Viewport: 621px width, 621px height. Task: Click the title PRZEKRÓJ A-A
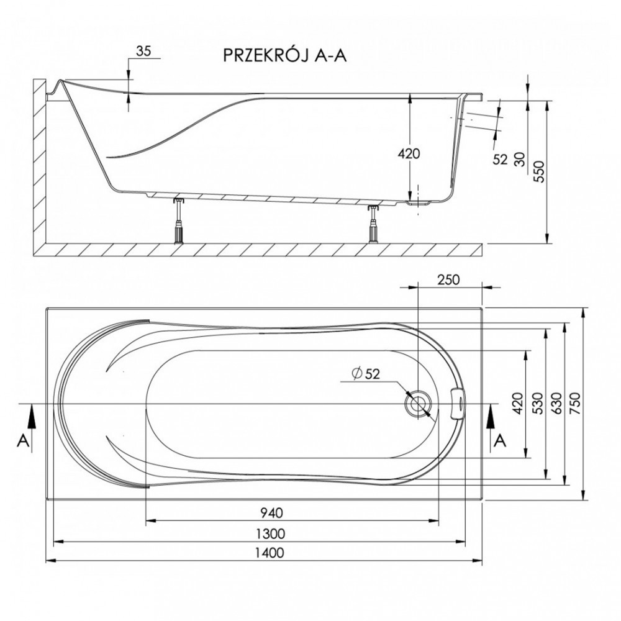pos(285,55)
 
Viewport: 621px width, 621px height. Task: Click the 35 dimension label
pos(143,51)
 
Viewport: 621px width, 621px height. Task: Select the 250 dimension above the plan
pos(449,279)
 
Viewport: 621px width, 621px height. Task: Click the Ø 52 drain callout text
pos(366,373)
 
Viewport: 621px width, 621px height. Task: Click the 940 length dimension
pos(272,513)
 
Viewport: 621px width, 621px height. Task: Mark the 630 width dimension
pos(556,404)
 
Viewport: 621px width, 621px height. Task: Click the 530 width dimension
pos(537,404)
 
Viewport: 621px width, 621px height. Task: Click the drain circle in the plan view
pos(417,404)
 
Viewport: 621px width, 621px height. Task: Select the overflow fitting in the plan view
pos(460,404)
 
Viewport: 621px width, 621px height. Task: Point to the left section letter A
pos(24,440)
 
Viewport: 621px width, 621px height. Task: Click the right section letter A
pos(501,440)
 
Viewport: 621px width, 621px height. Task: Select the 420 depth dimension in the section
pos(409,153)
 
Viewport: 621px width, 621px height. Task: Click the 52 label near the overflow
pos(500,160)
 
